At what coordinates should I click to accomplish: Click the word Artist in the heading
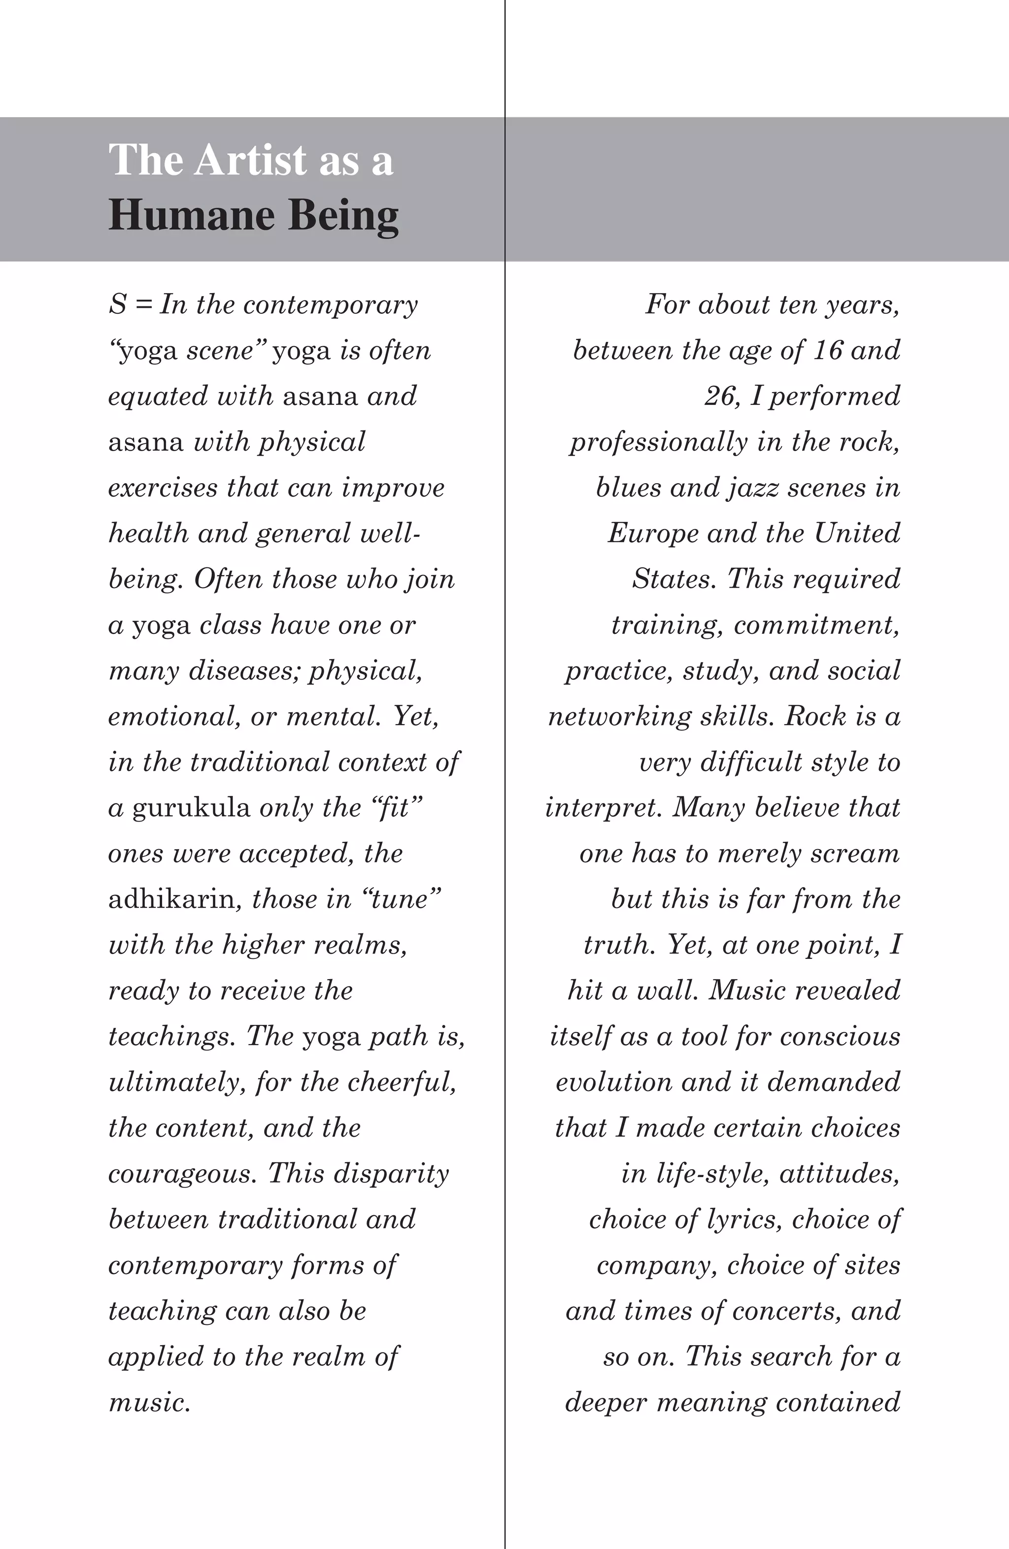click(250, 160)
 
